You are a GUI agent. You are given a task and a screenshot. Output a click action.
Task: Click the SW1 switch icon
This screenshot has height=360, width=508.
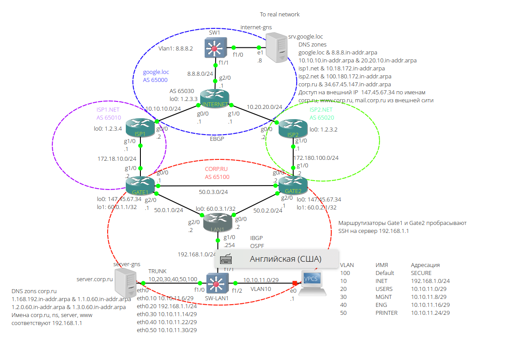[x=215, y=47]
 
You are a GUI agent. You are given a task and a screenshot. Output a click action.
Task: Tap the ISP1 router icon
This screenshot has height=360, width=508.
[x=140, y=128]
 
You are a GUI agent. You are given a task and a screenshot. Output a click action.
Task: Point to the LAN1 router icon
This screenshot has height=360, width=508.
[x=217, y=223]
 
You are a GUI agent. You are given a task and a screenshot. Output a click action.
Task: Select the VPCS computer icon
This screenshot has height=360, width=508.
[x=313, y=283]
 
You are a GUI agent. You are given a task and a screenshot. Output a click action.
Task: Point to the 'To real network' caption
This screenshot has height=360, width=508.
[x=279, y=15]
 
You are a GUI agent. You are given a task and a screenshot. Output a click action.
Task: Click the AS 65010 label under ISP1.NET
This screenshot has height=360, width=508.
[x=108, y=118]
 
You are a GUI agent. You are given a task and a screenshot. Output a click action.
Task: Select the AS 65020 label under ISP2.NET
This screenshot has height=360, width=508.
[x=322, y=118]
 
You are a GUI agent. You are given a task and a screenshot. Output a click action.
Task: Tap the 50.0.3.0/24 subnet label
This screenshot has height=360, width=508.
[x=213, y=192]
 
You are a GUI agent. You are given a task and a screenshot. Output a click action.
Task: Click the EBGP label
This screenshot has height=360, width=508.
[x=217, y=139]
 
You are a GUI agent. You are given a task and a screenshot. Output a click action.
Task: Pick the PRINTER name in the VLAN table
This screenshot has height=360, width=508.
[x=386, y=313]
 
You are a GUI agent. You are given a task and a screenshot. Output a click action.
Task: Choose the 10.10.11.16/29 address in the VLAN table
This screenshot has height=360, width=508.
[x=430, y=305]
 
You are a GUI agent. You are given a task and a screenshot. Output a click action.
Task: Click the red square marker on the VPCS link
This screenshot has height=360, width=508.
[x=294, y=283]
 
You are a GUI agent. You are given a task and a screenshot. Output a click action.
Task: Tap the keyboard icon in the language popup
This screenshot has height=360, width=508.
[x=226, y=259]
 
